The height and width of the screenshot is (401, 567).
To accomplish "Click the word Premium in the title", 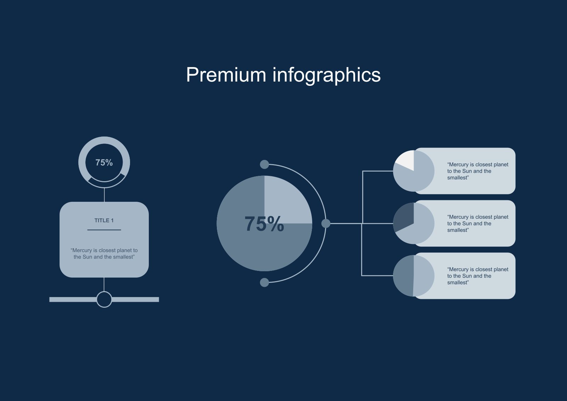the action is pyautogui.click(x=226, y=75).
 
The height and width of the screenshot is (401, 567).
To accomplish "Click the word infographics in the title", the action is pyautogui.click(x=326, y=75).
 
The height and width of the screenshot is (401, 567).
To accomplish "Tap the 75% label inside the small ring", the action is pyautogui.click(x=104, y=162).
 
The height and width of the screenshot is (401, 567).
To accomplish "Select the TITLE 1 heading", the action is pyautogui.click(x=104, y=221).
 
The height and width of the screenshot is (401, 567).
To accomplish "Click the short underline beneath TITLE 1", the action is pyautogui.click(x=104, y=230).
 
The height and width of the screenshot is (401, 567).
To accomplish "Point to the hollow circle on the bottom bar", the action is pyautogui.click(x=104, y=299).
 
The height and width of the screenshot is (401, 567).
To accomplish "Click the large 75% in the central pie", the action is pyautogui.click(x=264, y=224).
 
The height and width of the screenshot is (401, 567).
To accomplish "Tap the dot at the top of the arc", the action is pyautogui.click(x=264, y=165).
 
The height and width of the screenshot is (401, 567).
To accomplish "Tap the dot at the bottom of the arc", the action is pyautogui.click(x=264, y=283).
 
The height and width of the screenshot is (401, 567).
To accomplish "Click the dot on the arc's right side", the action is pyautogui.click(x=326, y=223).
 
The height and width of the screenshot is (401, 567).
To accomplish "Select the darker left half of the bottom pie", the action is pyautogui.click(x=404, y=275).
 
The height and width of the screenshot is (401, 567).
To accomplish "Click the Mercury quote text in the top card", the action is pyautogui.click(x=478, y=171).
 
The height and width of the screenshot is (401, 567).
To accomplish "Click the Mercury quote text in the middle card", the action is pyautogui.click(x=478, y=223).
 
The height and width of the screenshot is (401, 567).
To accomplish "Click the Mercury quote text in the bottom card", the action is pyautogui.click(x=478, y=276).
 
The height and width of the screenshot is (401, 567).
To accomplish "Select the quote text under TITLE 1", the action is pyautogui.click(x=104, y=254).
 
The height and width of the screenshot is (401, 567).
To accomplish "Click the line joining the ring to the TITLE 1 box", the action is pyautogui.click(x=104, y=195).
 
